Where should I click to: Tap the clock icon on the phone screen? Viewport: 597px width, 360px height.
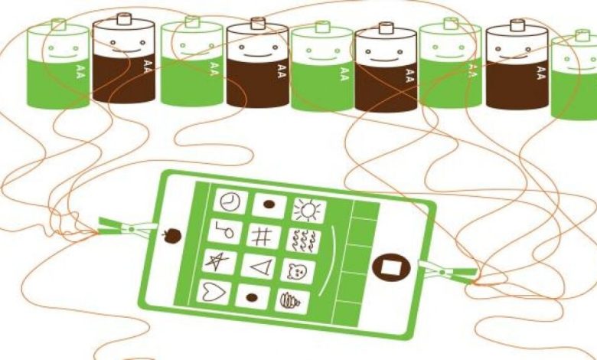tap(229, 201)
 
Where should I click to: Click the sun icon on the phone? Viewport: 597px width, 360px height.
tap(308, 210)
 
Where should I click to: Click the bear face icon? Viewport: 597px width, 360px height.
tap(298, 270)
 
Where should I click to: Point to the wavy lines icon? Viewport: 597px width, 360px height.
tap(303, 240)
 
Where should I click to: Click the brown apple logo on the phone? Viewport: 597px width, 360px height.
tap(172, 235)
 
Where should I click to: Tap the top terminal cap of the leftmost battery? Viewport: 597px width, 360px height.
tap(58, 24)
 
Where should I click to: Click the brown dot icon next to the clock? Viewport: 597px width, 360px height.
tap(269, 205)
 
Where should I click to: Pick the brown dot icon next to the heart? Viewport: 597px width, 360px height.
tap(252, 295)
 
